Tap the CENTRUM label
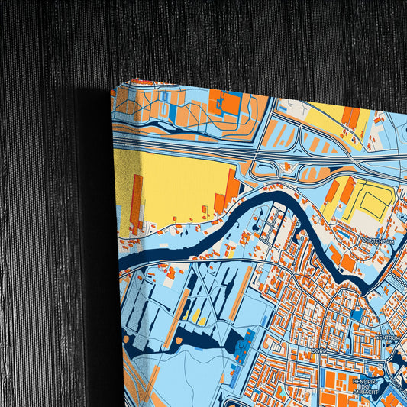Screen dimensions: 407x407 [388, 336]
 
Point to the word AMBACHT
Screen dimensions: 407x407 [366, 392]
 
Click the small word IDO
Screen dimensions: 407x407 [364, 386]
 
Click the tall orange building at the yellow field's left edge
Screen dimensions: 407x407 [136, 203]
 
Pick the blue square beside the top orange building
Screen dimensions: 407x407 [234, 99]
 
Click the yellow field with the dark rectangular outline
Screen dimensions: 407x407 [373, 202]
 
